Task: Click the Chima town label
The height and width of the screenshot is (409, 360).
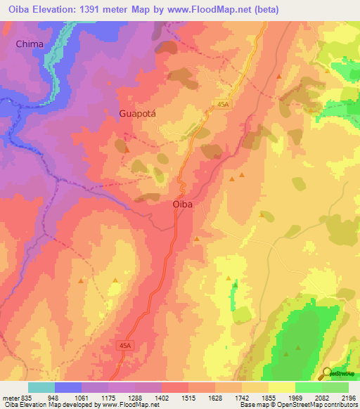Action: click(30, 44)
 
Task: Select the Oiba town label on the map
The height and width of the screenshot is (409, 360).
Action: click(183, 204)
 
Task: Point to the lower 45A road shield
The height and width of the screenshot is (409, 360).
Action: click(124, 346)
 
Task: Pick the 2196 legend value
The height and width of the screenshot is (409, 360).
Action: click(349, 396)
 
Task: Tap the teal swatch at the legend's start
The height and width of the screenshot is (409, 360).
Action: click(41, 387)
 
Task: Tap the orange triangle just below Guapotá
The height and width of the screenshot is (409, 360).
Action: click(127, 149)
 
